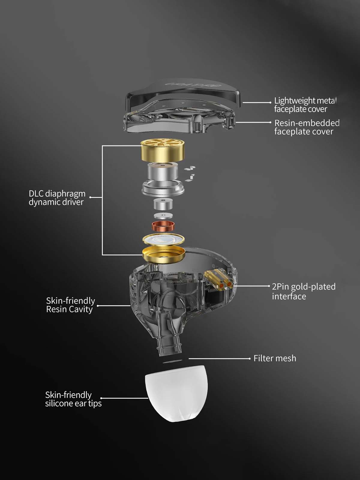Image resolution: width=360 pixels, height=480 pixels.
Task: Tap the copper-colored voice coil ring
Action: pyautogui.click(x=163, y=226)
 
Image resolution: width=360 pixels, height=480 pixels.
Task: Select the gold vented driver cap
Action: pyautogui.click(x=162, y=151)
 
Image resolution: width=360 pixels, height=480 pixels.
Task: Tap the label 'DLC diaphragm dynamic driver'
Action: pyautogui.click(x=57, y=198)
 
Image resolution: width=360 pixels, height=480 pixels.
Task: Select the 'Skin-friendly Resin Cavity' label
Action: pyautogui.click(x=70, y=305)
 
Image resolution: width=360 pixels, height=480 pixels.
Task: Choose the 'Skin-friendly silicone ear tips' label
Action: pyautogui.click(x=73, y=399)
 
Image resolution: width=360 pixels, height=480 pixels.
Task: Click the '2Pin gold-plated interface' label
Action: pyautogui.click(x=304, y=291)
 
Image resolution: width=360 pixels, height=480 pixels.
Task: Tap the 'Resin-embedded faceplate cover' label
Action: pyautogui.click(x=307, y=127)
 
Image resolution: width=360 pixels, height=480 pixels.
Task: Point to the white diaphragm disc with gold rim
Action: pyautogui.click(x=163, y=240)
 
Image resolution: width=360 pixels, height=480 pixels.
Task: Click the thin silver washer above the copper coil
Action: pyautogui.click(x=163, y=216)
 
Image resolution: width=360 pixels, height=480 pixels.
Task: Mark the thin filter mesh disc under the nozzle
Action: pyautogui.click(x=173, y=361)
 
